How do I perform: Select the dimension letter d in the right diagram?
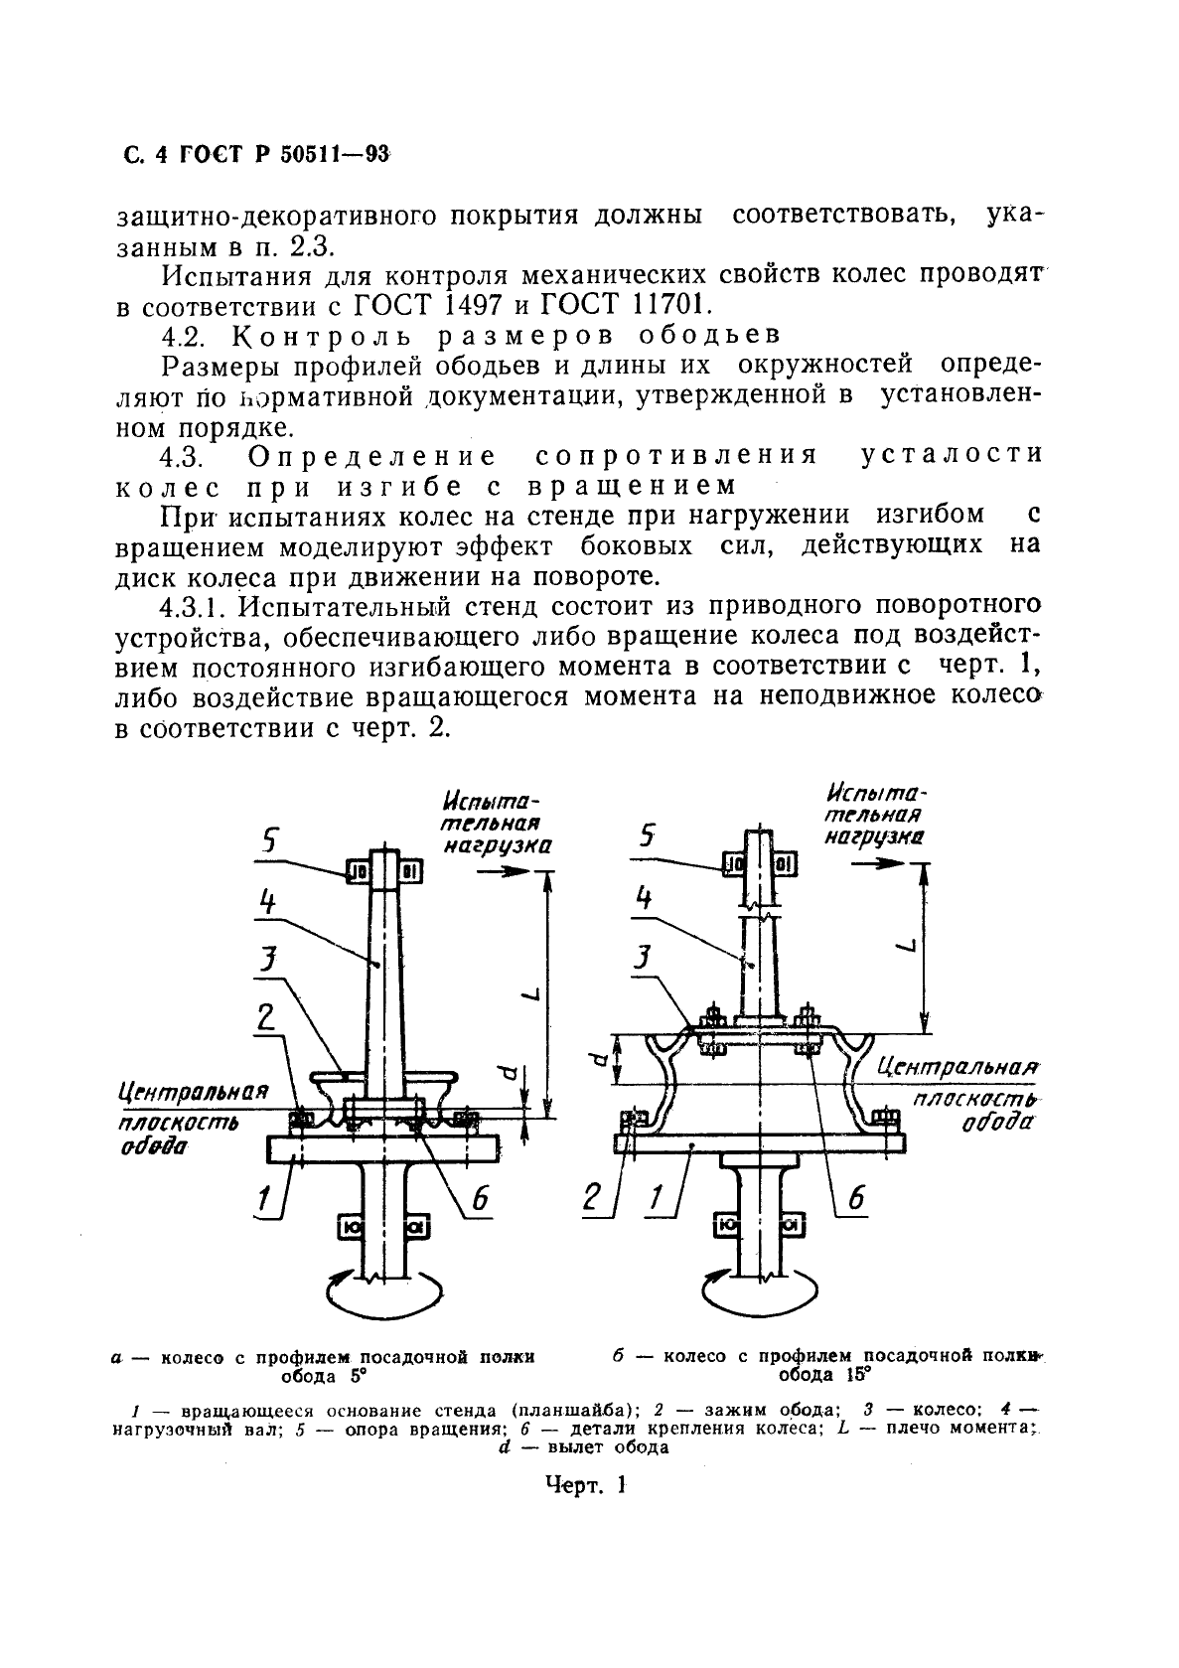596,1059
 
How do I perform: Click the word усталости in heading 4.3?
951,456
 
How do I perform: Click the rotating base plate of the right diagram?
760,1142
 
